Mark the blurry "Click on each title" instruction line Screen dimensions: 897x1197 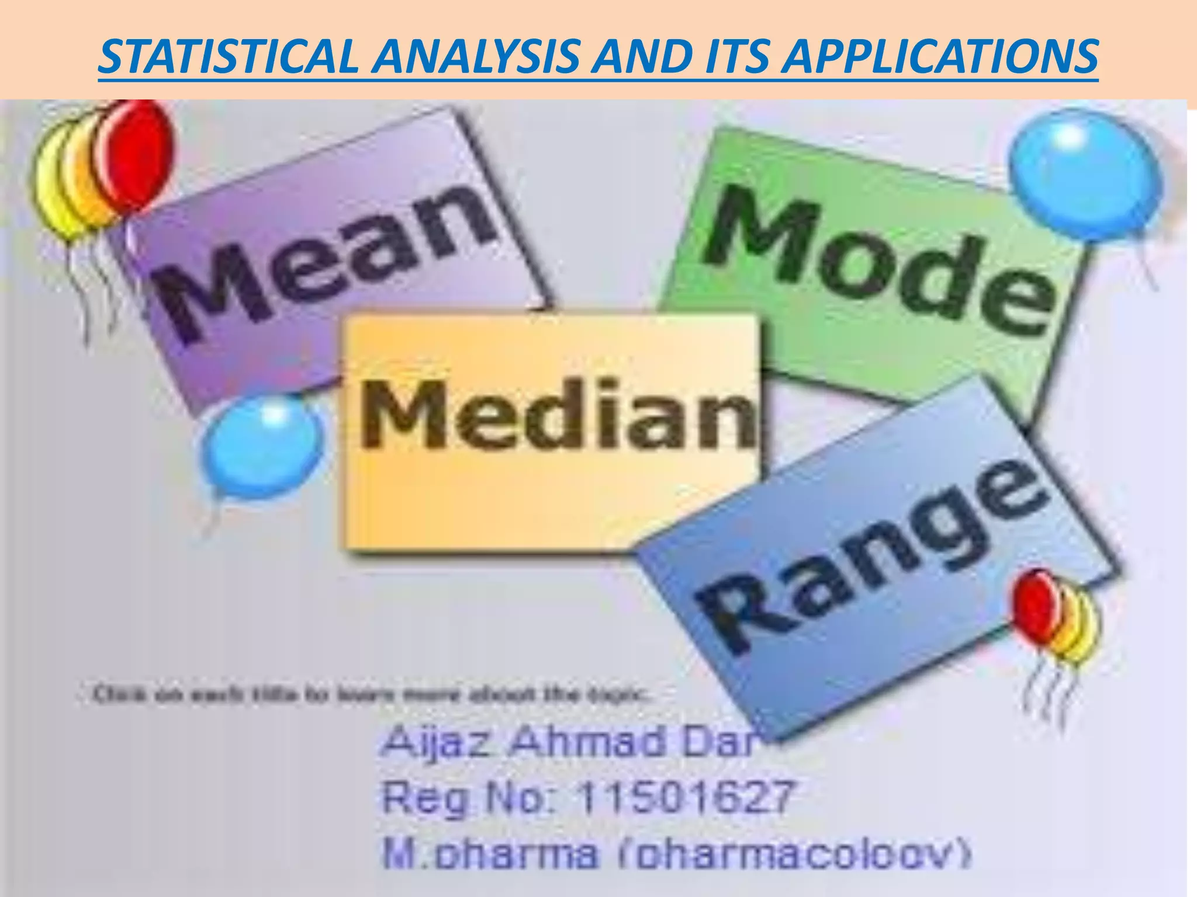(371, 695)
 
